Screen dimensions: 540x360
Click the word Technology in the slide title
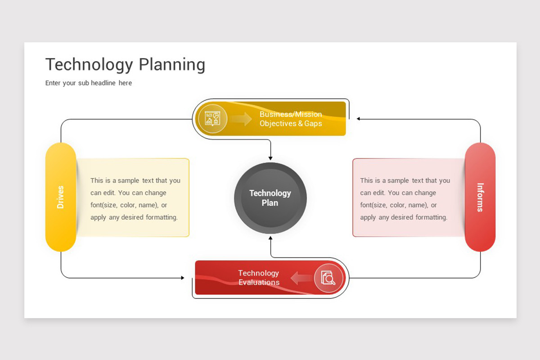point(89,65)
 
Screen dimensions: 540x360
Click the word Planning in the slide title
point(172,65)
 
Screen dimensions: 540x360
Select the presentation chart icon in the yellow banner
point(212,118)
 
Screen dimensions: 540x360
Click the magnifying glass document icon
point(328,278)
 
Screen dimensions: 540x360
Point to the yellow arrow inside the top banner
point(241,119)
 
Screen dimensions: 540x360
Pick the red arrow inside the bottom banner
point(302,278)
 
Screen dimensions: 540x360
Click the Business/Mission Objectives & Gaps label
point(291,119)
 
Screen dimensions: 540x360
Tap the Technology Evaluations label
point(259,278)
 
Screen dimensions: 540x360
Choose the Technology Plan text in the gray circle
point(270,198)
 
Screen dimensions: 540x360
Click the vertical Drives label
point(60,197)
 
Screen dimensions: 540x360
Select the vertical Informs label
point(480,198)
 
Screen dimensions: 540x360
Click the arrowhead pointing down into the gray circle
point(270,158)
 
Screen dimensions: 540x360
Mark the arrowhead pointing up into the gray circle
point(270,238)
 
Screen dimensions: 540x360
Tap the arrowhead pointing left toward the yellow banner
point(359,119)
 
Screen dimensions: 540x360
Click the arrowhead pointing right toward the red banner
point(183,278)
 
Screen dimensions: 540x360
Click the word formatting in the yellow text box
point(162,217)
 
